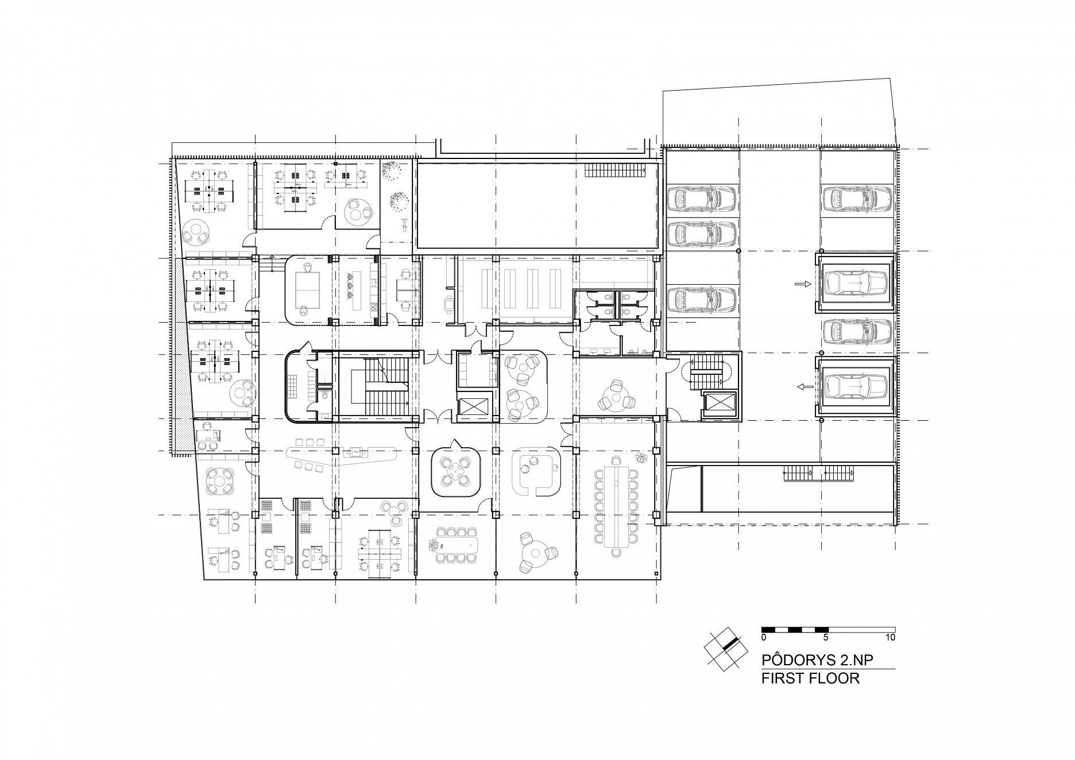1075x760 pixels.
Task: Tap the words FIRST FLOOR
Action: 810,678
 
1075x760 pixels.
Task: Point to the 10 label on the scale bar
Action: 891,637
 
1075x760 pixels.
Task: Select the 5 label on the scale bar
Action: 825,637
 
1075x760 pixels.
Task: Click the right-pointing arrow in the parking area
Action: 803,284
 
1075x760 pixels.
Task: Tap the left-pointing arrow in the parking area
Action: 803,387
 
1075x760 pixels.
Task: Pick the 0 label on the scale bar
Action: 764,637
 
